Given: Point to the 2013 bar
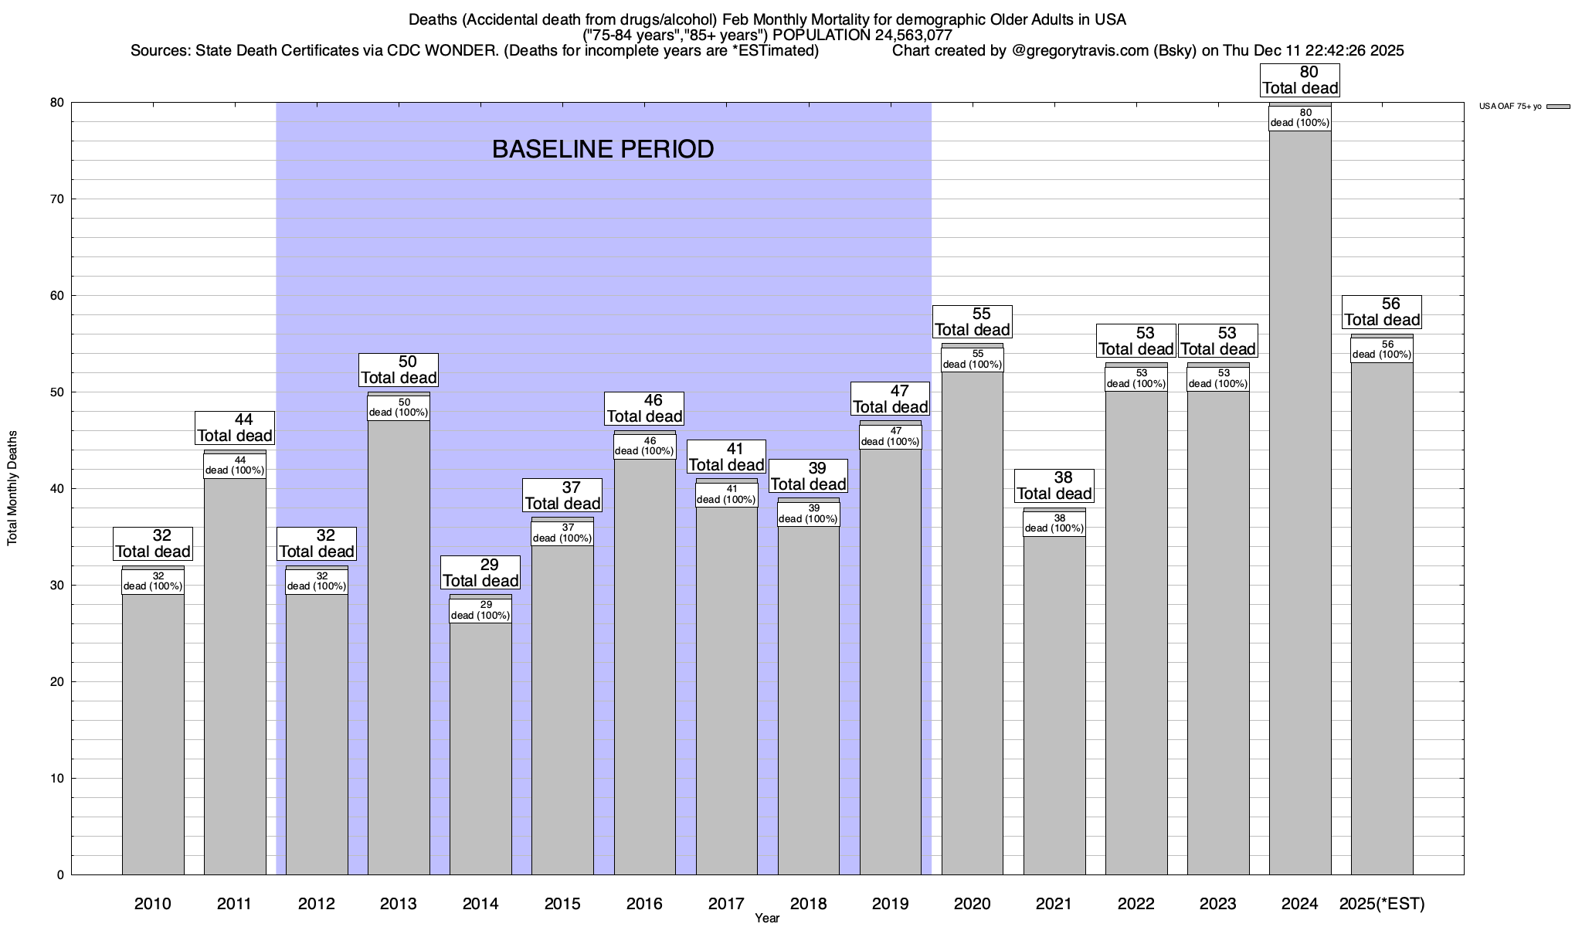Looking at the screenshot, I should tap(399, 649).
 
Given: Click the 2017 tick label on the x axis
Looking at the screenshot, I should tap(726, 903).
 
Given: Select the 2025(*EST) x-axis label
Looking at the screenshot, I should tap(1382, 903).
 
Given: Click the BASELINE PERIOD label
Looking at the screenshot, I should tap(603, 149).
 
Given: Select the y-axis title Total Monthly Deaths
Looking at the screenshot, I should tap(12, 488).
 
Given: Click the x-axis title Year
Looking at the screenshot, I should tap(767, 919).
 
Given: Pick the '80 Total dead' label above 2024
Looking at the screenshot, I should tap(1300, 80).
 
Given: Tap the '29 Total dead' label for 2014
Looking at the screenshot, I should tap(480, 573).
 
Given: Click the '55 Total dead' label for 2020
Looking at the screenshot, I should tap(973, 322).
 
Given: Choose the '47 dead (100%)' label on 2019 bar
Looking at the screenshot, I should tap(891, 436).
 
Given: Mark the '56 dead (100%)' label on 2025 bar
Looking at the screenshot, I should tap(1382, 350).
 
